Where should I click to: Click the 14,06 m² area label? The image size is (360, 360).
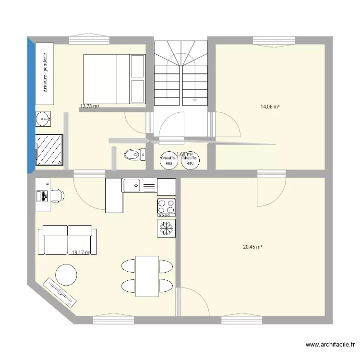tap(270, 107)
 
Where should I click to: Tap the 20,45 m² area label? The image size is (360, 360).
tap(252, 247)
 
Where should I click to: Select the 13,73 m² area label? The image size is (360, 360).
tap(89, 106)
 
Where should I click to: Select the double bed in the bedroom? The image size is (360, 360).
tap(114, 79)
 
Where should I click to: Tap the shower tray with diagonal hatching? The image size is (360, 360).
tap(49, 149)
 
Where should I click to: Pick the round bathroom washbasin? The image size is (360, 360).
tap(43, 118)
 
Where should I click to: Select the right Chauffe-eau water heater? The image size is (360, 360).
tap(190, 160)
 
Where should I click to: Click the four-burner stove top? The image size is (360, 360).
tap(166, 207)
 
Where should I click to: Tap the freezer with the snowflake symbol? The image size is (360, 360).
tap(166, 228)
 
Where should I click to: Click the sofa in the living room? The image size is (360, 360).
tap(67, 240)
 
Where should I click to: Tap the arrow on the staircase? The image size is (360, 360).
tap(195, 100)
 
